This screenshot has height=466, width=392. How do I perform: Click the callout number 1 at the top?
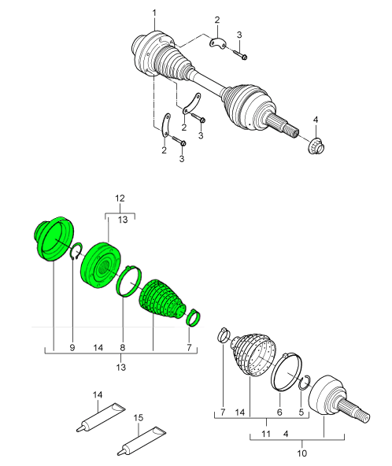[154, 13]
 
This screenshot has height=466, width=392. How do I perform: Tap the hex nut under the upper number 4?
[316, 146]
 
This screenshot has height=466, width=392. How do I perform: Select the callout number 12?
[120, 198]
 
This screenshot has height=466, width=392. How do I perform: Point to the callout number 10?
[301, 453]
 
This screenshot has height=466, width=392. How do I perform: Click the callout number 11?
[266, 434]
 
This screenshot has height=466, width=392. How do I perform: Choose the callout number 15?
[139, 418]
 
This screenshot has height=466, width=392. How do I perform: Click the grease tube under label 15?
[141, 442]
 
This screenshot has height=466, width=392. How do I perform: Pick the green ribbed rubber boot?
[161, 300]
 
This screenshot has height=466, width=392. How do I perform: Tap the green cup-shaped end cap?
[54, 239]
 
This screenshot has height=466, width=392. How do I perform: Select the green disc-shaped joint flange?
[101, 264]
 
